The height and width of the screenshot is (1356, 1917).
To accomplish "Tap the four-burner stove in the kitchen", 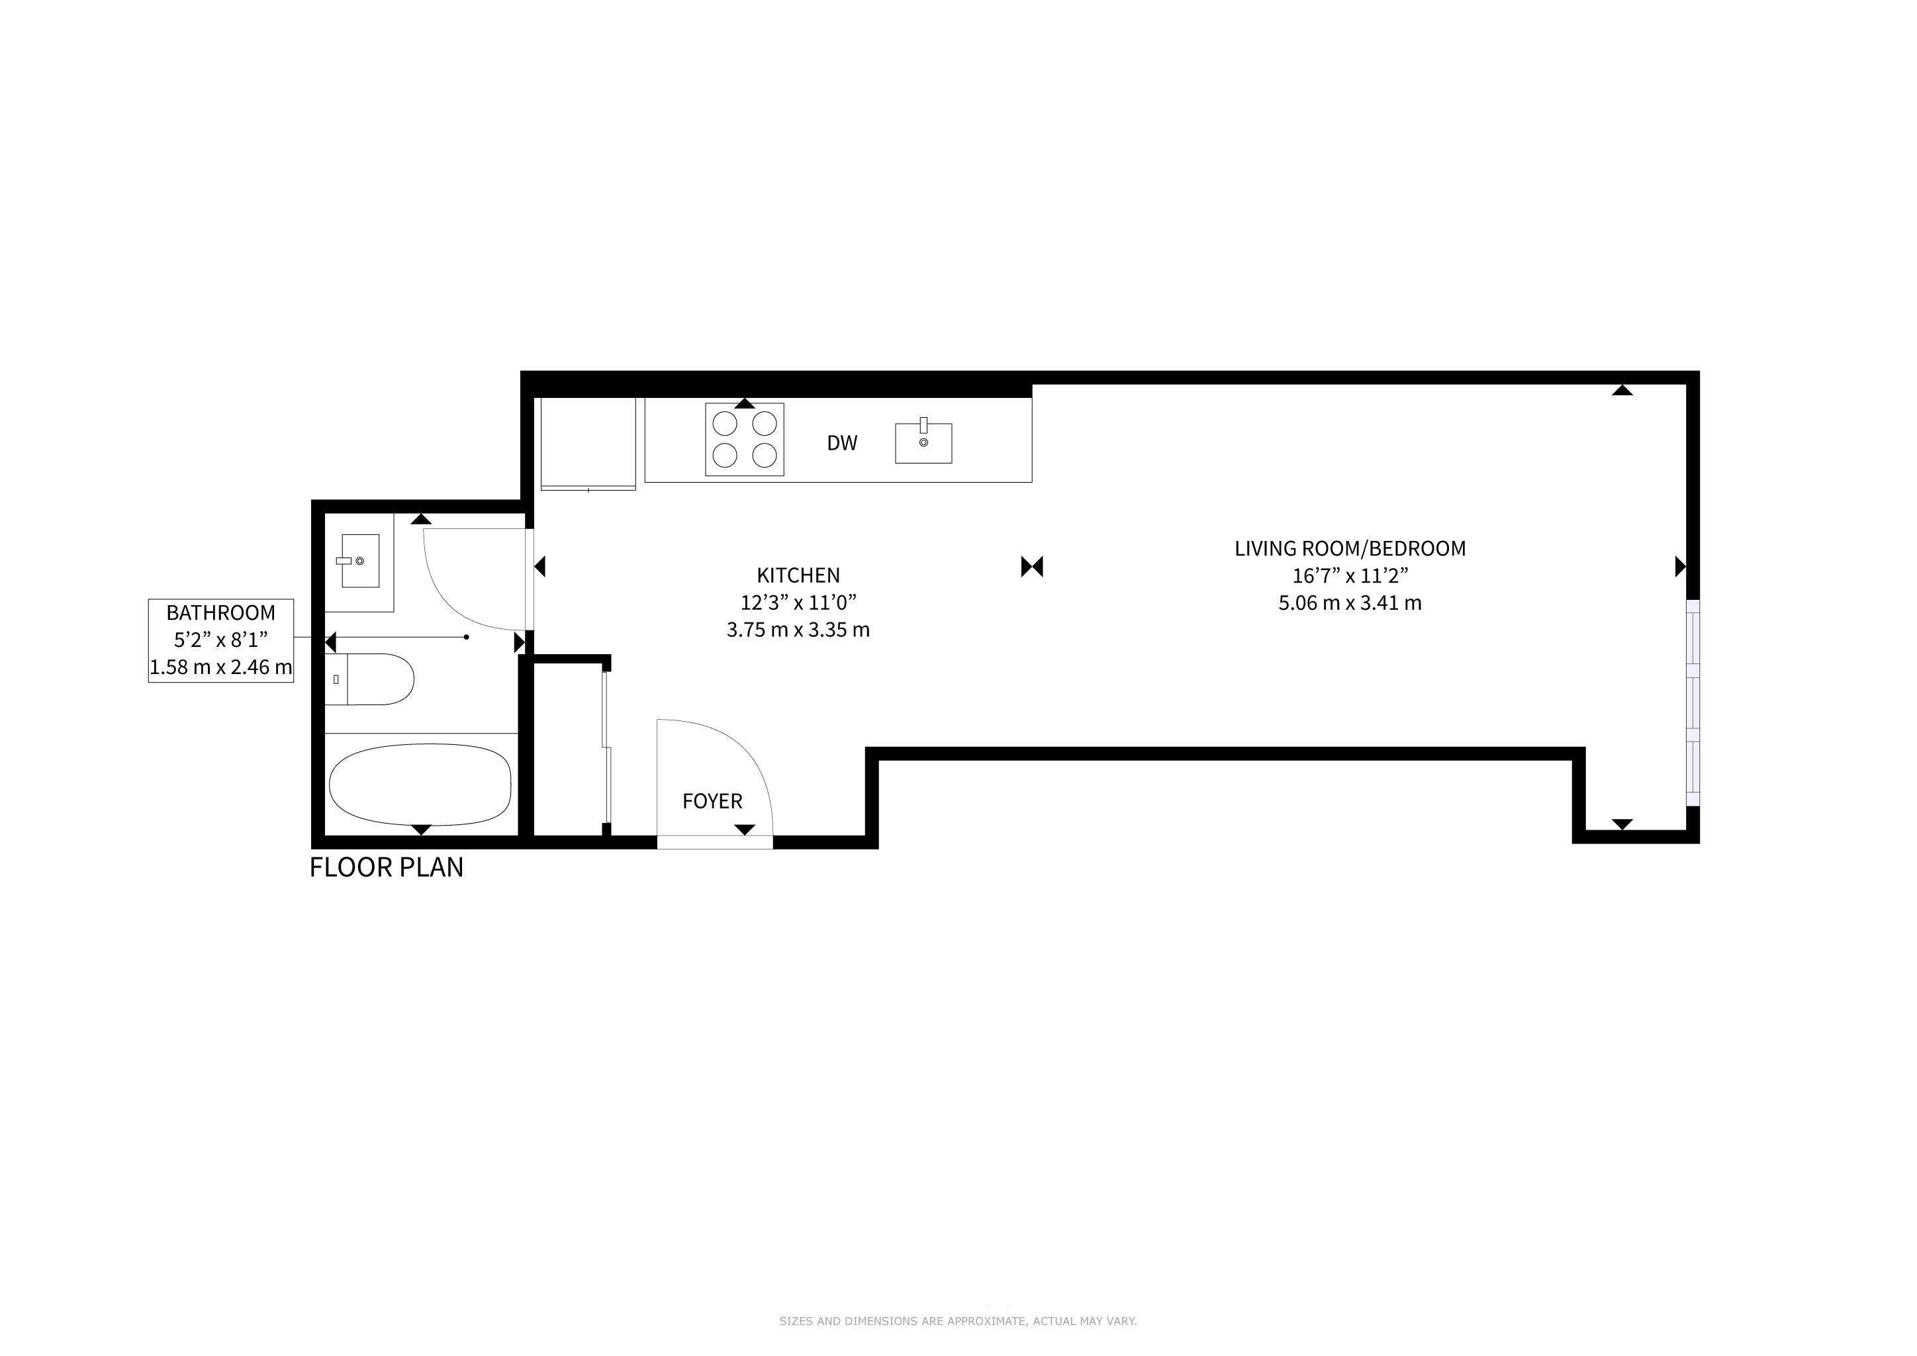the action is click(744, 439).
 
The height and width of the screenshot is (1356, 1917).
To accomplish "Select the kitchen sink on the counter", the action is click(923, 442).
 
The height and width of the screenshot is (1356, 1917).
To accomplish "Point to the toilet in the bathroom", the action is click(369, 679).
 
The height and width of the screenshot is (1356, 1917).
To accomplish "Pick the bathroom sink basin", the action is click(360, 560).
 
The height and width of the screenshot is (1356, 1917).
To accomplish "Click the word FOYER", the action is click(712, 802).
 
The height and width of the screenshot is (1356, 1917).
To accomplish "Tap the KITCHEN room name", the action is click(798, 575).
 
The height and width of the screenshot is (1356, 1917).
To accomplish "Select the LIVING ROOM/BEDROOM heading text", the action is click(1350, 549).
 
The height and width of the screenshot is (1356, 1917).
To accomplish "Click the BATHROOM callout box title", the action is click(220, 613).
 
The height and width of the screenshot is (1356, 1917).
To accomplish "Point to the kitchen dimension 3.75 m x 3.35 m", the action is click(798, 630).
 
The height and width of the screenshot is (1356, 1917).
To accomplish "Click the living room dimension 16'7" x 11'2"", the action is click(1350, 575).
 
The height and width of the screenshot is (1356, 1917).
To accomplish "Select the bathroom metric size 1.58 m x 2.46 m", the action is click(220, 667).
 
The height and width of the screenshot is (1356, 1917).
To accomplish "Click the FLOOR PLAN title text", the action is click(387, 867).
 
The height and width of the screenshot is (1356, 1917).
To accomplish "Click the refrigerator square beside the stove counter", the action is click(588, 444).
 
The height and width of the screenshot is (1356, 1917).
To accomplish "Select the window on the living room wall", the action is click(1693, 703).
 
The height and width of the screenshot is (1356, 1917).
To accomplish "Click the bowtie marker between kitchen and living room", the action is click(1032, 567).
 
